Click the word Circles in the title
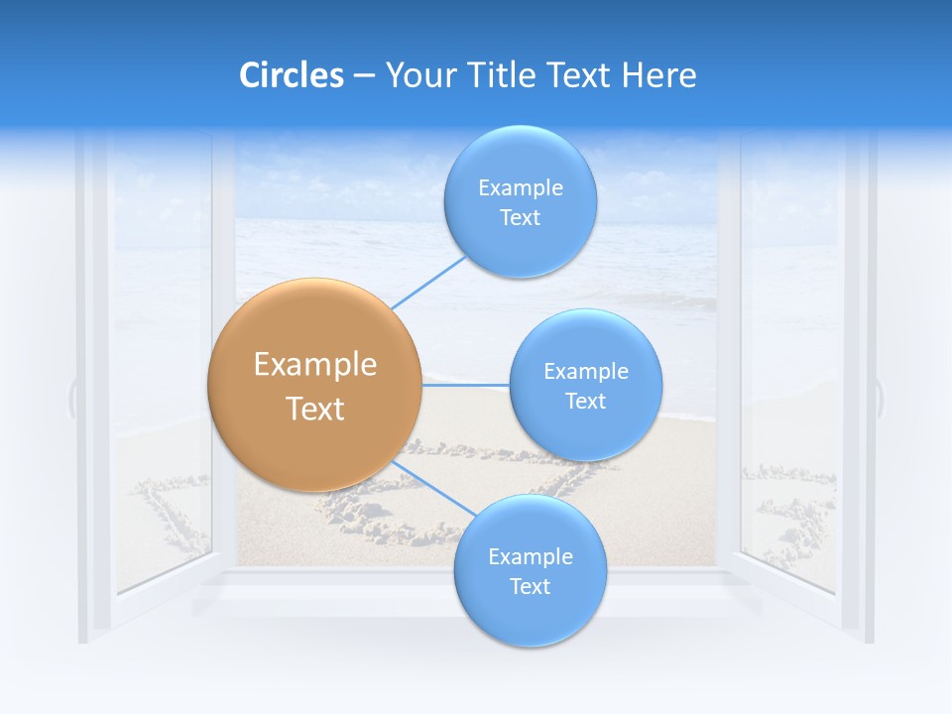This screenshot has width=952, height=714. pyautogui.click(x=291, y=75)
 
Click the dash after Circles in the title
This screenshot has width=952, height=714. pyautogui.click(x=364, y=76)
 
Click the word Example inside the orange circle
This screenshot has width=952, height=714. pyautogui.click(x=314, y=365)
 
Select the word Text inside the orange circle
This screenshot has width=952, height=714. pyautogui.click(x=314, y=409)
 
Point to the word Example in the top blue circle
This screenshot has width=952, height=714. pyautogui.click(x=520, y=187)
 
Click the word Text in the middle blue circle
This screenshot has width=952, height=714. pyautogui.click(x=585, y=402)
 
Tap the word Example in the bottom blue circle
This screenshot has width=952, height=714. pyautogui.click(x=530, y=556)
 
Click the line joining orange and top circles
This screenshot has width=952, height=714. pyautogui.click(x=428, y=282)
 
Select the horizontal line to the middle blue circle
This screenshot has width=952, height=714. pyautogui.click(x=465, y=384)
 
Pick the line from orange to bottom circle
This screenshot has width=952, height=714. pyautogui.click(x=432, y=490)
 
